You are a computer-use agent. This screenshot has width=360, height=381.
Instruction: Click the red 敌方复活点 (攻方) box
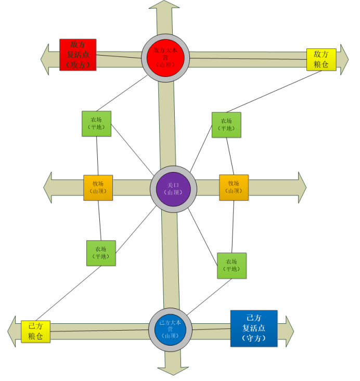coord(78,55)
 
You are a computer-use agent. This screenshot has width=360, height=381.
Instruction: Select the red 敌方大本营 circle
coord(165,58)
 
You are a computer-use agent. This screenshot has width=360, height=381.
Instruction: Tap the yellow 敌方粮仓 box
coord(321,60)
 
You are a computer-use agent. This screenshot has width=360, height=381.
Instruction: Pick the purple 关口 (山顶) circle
coord(173,188)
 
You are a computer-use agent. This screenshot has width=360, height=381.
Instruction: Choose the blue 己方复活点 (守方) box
coord(254,328)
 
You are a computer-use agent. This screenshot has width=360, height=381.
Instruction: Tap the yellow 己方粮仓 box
coord(36,331)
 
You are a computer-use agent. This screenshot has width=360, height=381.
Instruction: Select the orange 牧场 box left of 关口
coord(98,188)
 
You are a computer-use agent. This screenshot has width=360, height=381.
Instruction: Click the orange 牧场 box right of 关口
coord(234,188)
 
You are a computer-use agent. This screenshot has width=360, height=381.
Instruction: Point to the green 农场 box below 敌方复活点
coord(96,124)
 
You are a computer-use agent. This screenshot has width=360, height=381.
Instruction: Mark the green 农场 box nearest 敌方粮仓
coord(226,125)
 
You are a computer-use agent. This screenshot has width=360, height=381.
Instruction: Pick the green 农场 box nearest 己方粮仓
coord(101,253)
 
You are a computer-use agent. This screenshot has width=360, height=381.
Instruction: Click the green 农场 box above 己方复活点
coord(232,265)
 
